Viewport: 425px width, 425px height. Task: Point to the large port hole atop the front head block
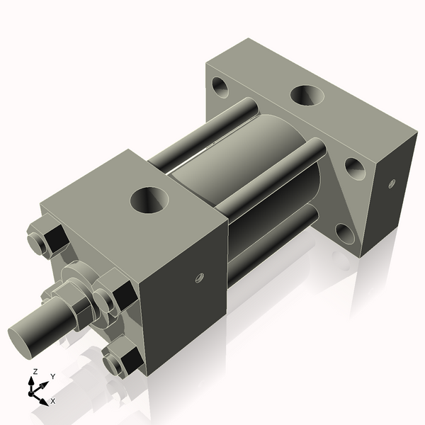tap(149, 200)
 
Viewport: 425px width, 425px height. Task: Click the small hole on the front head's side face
tap(200, 277)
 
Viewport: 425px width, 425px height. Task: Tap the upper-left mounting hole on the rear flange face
tap(220, 89)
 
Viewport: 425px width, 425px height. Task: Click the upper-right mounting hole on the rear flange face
tap(354, 169)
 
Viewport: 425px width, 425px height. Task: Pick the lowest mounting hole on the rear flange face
tap(345, 233)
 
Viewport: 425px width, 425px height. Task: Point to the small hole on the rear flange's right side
tap(392, 183)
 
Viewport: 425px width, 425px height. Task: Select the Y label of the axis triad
tap(53, 377)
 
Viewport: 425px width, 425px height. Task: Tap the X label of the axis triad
tap(53, 401)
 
